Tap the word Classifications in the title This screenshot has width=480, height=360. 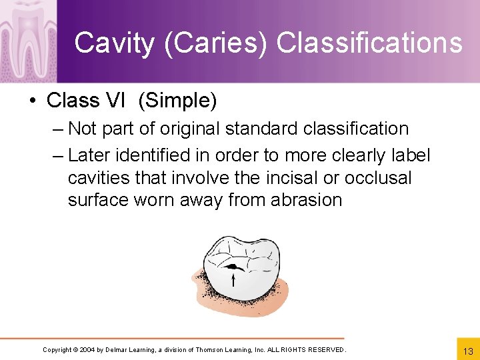(369, 43)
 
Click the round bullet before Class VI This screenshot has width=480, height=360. (32, 101)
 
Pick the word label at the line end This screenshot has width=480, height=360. (411, 155)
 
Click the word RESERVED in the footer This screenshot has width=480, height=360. (324, 350)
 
